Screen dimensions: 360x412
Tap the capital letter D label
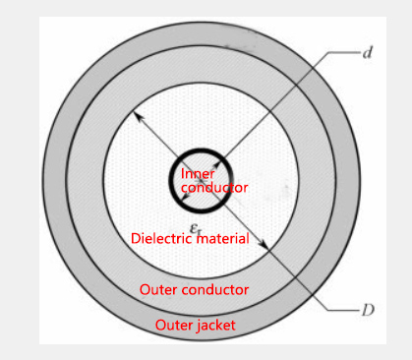pos(367,310)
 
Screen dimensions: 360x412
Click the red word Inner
pos(198,174)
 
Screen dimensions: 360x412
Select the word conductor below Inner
pos(214,187)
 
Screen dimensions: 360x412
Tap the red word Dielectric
pos(164,238)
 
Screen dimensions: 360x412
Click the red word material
pos(225,238)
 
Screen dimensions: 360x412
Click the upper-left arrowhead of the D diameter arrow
pos(140,117)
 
